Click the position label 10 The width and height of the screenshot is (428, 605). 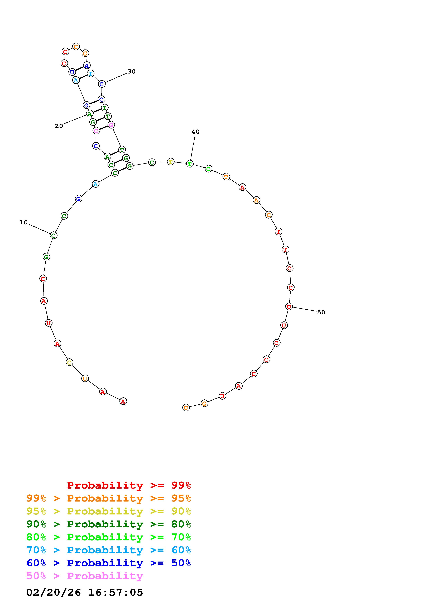(x=23, y=222)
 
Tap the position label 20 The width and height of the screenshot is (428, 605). (x=59, y=126)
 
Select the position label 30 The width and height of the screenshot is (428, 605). (x=132, y=71)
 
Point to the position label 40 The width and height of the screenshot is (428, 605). (x=195, y=132)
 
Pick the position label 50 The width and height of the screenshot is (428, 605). (x=321, y=312)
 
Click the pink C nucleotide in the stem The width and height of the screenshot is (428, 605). (x=96, y=131)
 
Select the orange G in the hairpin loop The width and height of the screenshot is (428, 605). (x=85, y=53)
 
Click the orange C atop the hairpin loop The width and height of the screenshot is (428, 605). (x=76, y=47)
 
